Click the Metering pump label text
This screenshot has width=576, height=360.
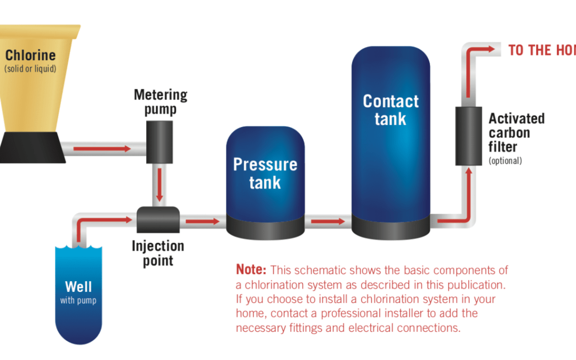tap(160, 102)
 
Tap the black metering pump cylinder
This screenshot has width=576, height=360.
tap(159, 141)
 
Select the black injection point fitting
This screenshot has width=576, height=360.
tap(158, 220)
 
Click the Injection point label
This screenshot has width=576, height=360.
tap(158, 253)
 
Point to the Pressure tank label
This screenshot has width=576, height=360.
tap(265, 173)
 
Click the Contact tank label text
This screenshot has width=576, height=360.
tap(390, 110)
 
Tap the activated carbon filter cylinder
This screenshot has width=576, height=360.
tap(468, 135)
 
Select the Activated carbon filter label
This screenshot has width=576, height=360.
tap(516, 132)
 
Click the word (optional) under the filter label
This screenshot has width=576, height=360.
tap(505, 161)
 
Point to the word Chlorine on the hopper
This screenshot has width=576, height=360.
tap(30, 55)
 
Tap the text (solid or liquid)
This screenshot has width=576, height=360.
tap(30, 69)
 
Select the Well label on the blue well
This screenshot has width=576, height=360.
tap(78, 287)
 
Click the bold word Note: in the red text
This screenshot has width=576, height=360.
tap(251, 270)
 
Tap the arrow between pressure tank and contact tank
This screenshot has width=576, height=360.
tap(327, 221)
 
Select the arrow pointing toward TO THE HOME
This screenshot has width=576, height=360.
tap(480, 49)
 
